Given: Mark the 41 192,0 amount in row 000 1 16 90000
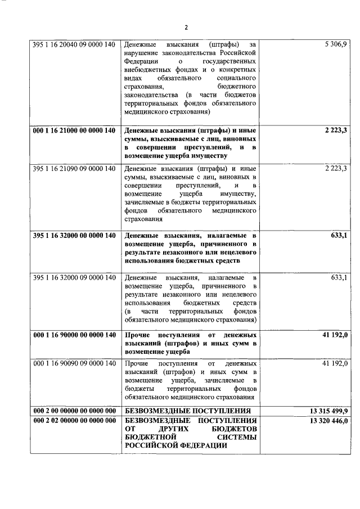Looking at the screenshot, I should [x=335, y=335].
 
